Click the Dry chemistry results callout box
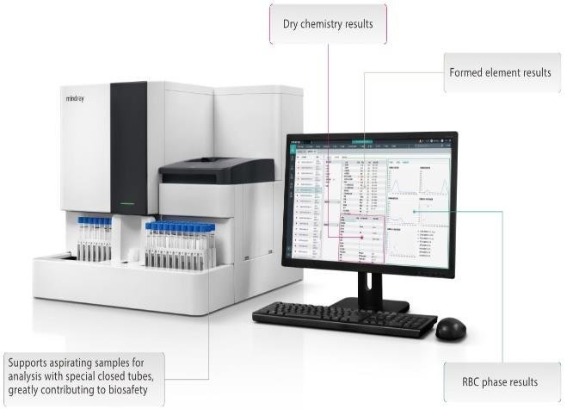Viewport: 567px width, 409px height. coord(328,23)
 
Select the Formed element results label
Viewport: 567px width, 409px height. coord(500,73)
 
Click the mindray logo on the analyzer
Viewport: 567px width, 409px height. coord(78,99)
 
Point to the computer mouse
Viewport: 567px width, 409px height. coord(450,327)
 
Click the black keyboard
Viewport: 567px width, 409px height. coord(344,318)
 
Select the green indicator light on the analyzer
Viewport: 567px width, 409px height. coord(128,205)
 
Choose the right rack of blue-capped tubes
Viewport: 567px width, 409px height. coord(180,245)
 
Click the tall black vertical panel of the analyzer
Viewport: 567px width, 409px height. coord(128,146)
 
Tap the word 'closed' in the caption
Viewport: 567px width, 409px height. coord(143,375)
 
